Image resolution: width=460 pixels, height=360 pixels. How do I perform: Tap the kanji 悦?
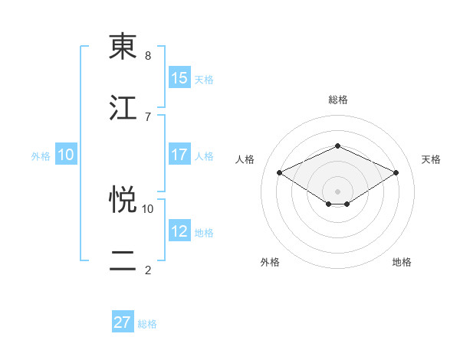click(123, 200)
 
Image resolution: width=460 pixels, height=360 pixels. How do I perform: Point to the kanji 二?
click(123, 260)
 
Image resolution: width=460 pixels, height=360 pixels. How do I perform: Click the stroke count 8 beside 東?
click(148, 56)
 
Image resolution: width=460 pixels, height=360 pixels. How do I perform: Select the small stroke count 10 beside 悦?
click(148, 208)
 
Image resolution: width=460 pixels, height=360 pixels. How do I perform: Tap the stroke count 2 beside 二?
click(148, 269)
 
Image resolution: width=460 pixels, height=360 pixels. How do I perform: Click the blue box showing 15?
click(179, 78)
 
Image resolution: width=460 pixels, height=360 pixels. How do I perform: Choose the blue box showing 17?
click(179, 155)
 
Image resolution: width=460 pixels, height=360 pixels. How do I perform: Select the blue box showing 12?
click(179, 231)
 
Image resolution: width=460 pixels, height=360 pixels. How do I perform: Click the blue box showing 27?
click(123, 322)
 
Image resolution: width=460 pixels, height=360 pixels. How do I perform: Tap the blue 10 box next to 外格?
click(66, 155)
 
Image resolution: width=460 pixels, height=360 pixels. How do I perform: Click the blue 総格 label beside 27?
click(147, 323)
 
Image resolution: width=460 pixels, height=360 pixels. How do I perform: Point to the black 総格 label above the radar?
click(338, 100)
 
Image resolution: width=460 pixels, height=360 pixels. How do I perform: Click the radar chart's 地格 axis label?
click(402, 262)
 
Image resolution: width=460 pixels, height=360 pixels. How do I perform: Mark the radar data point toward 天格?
click(396, 173)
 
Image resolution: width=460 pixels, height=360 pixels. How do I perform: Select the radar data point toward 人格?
click(280, 173)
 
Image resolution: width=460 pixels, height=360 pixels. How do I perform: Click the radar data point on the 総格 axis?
click(338, 146)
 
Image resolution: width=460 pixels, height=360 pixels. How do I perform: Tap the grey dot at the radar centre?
click(338, 191)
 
